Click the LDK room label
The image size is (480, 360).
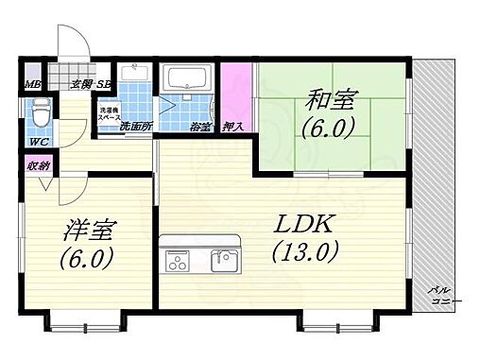point(302,226)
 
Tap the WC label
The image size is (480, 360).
point(38,143)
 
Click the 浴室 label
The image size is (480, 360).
point(199,126)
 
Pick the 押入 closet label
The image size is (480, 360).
point(232,126)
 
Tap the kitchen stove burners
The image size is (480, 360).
point(178,259)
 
